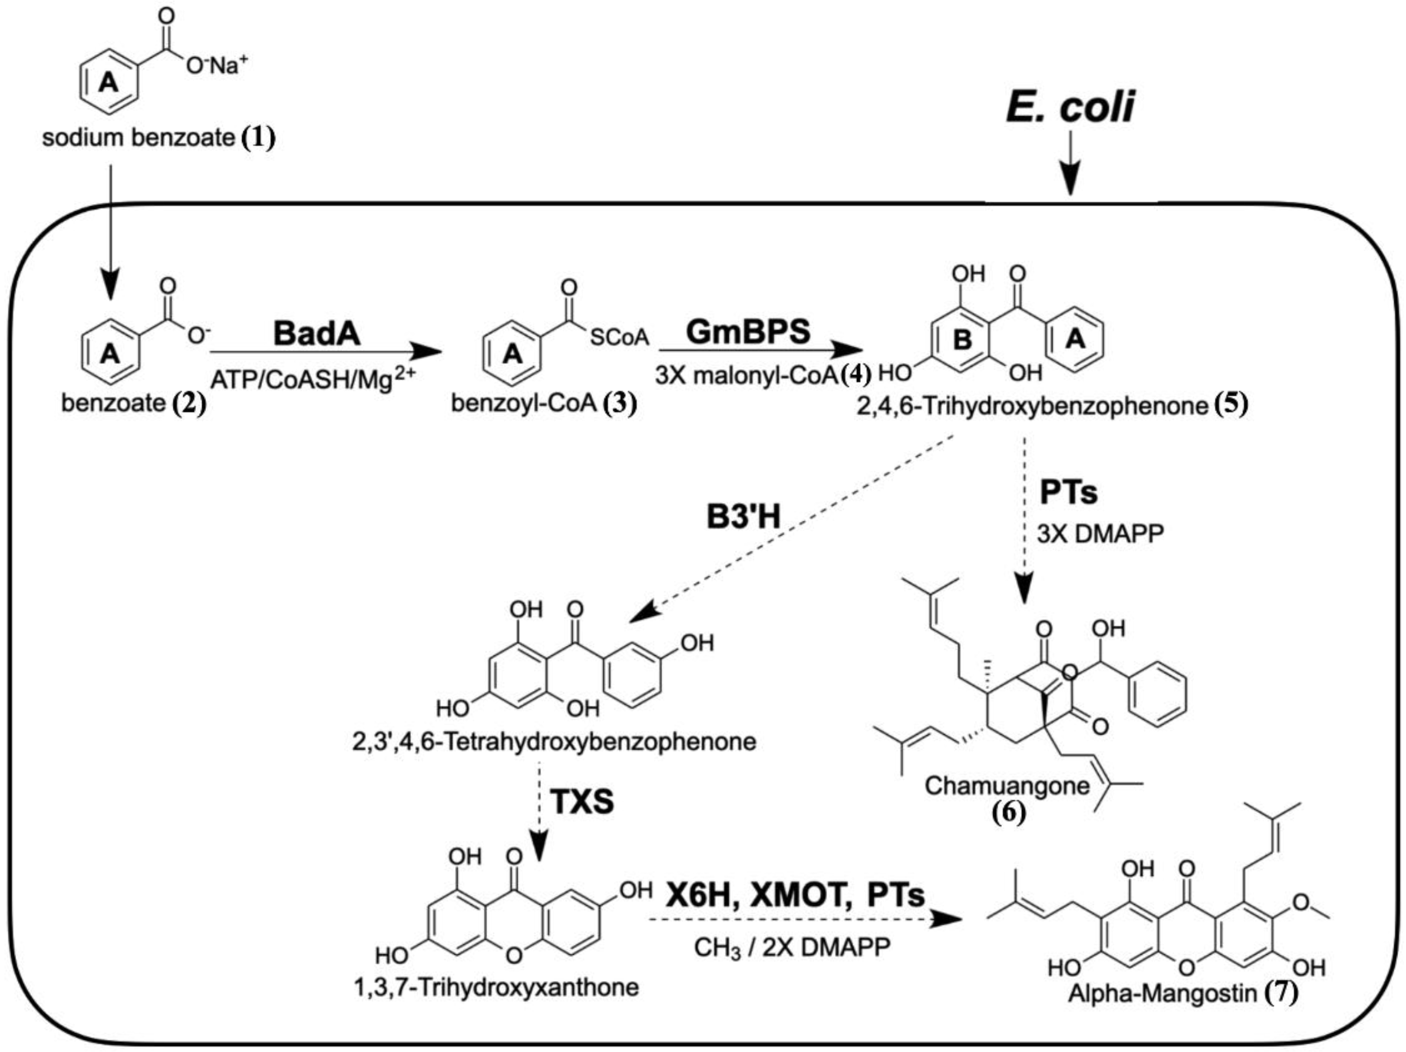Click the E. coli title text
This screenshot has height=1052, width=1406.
1070,106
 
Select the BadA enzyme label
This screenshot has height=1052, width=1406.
316,333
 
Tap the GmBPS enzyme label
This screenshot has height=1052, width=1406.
748,331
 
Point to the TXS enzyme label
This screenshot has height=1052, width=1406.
582,801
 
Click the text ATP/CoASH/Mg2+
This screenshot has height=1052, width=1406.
312,379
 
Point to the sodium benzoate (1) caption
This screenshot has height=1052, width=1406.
159,137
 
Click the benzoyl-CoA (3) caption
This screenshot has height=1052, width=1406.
543,403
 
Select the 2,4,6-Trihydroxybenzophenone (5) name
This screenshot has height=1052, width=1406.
1052,406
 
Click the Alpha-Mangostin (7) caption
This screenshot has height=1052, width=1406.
1182,993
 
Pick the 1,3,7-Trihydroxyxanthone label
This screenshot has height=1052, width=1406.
497,987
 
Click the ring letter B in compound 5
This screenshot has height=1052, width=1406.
963,340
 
